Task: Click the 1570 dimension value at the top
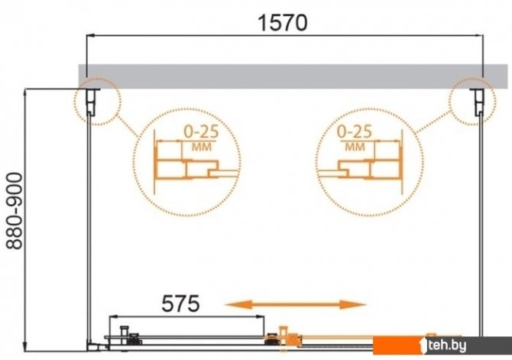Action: [283, 23]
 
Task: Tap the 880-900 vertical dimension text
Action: [15, 211]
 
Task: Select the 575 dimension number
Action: [180, 303]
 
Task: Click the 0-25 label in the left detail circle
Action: [201, 131]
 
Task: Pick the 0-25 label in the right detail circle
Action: [355, 131]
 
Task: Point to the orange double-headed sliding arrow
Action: [296, 304]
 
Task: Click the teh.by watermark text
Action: [447, 345]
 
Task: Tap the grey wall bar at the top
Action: [293, 76]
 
